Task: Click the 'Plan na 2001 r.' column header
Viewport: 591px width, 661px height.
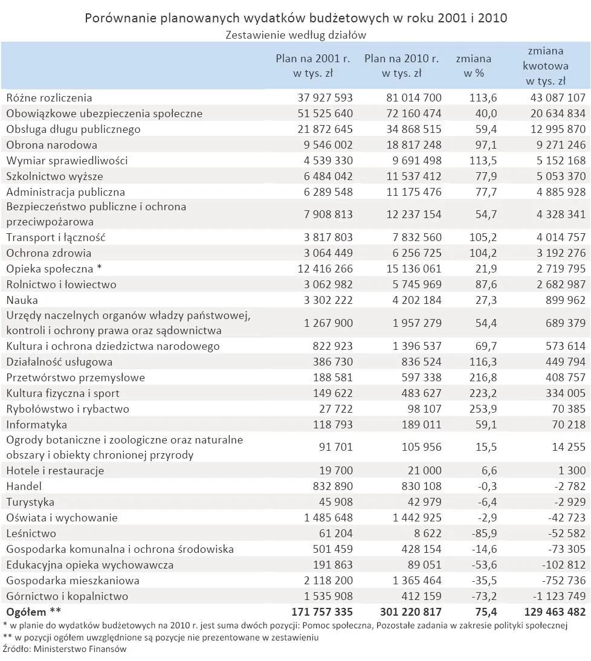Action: [x=312, y=66]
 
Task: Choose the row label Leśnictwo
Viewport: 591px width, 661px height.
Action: [x=31, y=534]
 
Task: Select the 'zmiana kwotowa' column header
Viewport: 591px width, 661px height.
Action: [x=545, y=66]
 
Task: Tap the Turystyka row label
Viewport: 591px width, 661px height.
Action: [x=30, y=502]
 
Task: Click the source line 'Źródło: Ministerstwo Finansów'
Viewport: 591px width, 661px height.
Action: [x=65, y=650]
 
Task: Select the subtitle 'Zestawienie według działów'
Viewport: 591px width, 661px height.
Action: [x=295, y=35]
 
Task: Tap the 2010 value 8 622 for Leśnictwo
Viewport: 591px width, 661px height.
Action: [x=426, y=534]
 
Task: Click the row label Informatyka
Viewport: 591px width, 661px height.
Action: [x=36, y=425]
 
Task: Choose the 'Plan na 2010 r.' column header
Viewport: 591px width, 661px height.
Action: [x=401, y=66]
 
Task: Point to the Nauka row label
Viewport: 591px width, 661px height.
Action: [x=22, y=300]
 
